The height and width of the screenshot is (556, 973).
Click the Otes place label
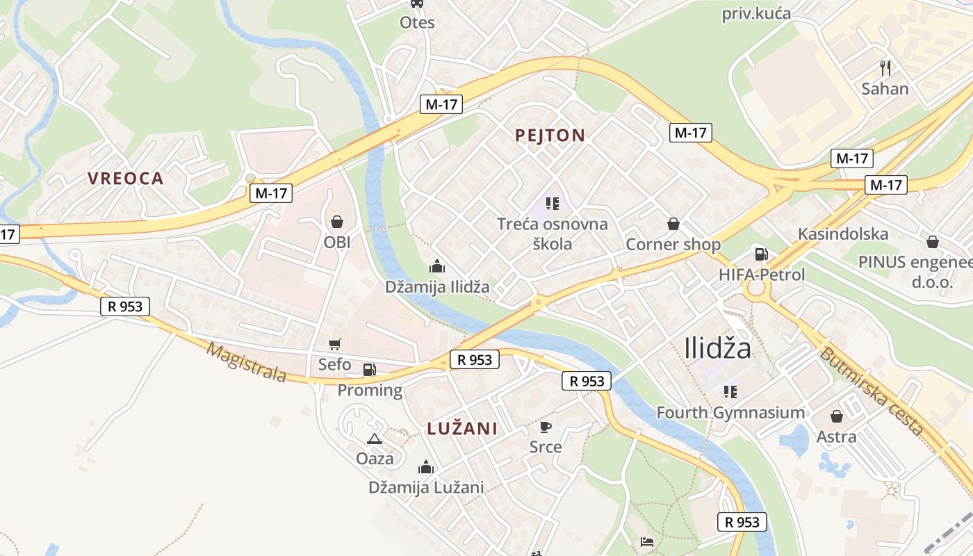click(417, 22)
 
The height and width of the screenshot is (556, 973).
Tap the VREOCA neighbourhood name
click(126, 178)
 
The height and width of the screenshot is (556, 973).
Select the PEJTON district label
click(550, 136)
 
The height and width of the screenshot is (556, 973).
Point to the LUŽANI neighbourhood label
click(462, 428)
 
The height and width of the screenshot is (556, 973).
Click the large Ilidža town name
click(718, 347)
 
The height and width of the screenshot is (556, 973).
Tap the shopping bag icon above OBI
click(337, 222)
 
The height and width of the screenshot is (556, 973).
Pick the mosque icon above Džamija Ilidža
click(437, 265)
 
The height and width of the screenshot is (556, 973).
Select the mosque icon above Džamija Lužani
click(426, 467)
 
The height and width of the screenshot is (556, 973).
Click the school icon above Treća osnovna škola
click(553, 204)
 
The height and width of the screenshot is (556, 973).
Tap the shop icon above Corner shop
click(673, 224)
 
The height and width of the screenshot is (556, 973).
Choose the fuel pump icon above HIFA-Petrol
click(761, 254)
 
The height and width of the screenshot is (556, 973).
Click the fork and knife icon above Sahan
click(885, 68)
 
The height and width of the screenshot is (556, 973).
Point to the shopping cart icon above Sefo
click(335, 344)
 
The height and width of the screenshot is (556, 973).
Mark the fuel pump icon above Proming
click(370, 370)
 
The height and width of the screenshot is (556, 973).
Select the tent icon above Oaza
click(375, 439)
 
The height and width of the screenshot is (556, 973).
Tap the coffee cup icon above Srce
click(546, 426)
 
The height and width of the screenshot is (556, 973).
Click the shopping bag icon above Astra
click(837, 416)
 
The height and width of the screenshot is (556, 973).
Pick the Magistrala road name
click(247, 362)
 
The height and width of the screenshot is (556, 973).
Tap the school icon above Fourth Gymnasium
click(730, 392)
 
